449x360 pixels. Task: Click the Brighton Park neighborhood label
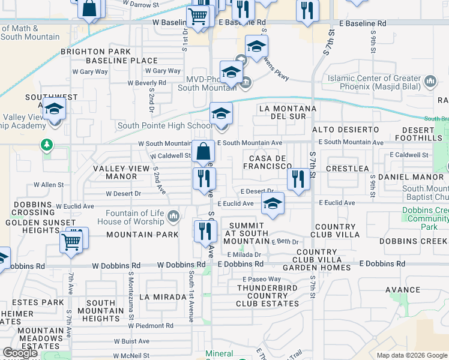[95, 52]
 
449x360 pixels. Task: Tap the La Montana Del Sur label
[287, 113]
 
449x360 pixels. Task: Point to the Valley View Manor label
[121, 172]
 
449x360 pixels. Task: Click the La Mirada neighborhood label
[163, 297]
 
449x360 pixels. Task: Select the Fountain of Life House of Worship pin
[173, 215]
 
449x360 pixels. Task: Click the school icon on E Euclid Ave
[273, 203]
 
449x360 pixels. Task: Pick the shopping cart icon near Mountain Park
[71, 241]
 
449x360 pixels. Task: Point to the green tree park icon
[46, 145]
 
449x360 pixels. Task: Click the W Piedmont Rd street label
[150, 326]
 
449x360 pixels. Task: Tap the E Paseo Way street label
[262, 280]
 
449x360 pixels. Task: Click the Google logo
[20, 353]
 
